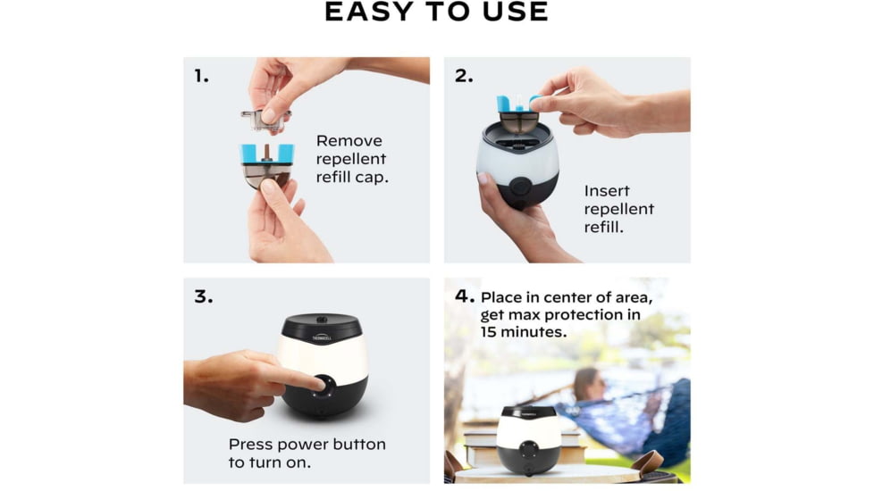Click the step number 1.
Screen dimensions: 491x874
click(x=201, y=76)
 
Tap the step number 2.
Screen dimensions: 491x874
click(x=464, y=76)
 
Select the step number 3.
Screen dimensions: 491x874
click(x=204, y=296)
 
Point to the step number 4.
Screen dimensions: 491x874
click(x=464, y=296)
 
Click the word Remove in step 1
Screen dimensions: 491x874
click(x=349, y=141)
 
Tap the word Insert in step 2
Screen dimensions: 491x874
click(x=607, y=191)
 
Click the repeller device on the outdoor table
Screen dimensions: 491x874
click(x=529, y=437)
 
